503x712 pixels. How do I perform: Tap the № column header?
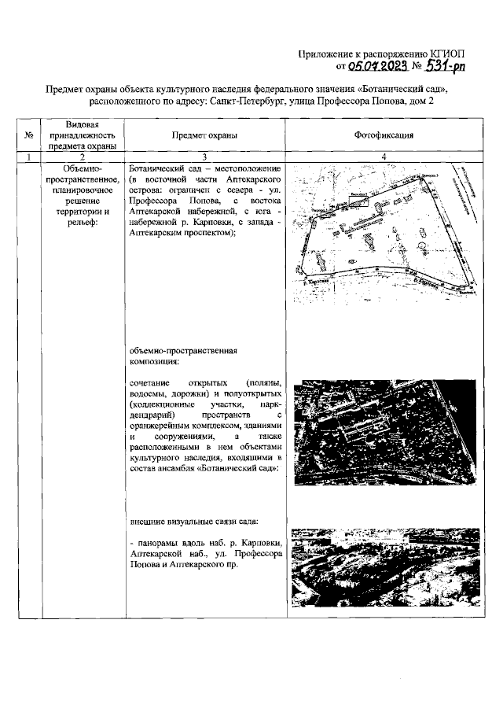(x=29, y=135)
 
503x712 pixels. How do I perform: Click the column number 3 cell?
(x=204, y=157)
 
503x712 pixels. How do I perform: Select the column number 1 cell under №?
(x=29, y=157)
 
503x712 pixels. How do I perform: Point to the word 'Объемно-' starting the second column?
(x=83, y=169)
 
